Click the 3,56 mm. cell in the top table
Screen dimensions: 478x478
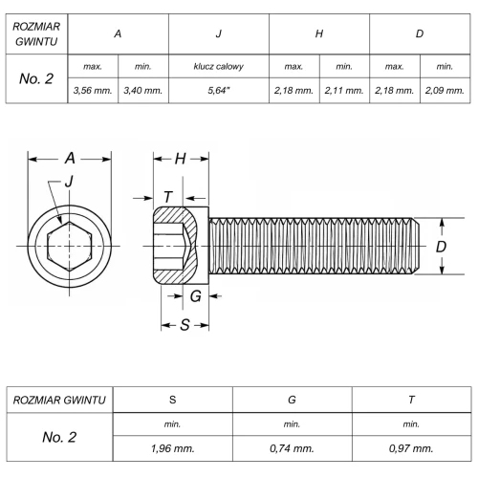[93, 91]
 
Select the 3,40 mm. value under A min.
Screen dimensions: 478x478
[143, 91]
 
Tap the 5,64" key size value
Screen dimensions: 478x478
[219, 91]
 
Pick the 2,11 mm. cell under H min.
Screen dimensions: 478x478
[344, 91]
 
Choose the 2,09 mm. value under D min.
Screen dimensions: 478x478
[445, 91]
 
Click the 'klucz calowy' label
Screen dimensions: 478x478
[219, 66]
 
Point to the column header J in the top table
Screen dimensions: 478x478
[219, 33]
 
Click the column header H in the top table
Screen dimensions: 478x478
[319, 33]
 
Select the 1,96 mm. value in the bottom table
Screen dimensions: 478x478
[172, 448]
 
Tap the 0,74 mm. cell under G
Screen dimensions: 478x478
[292, 448]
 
